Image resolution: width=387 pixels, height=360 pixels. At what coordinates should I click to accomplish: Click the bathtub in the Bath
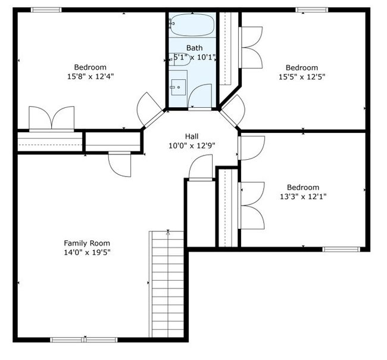click(192, 24)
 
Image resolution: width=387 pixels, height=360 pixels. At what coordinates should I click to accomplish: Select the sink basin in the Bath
click(179, 87)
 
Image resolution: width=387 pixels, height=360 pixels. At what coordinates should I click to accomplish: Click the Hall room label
click(192, 136)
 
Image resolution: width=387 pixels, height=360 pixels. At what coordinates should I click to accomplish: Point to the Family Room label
click(87, 243)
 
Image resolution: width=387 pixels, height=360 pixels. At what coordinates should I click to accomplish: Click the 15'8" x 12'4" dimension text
click(90, 76)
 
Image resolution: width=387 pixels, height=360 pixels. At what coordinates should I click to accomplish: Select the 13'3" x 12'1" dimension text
click(303, 197)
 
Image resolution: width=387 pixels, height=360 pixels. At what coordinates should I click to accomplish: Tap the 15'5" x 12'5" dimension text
click(302, 77)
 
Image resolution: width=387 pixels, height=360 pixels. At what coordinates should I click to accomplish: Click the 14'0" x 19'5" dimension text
click(87, 253)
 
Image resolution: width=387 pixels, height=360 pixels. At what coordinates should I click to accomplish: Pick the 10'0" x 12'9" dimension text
click(192, 146)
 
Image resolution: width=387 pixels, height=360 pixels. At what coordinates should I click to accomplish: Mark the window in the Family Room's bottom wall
click(84, 340)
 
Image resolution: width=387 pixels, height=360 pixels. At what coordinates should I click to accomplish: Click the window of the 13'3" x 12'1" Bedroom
click(341, 249)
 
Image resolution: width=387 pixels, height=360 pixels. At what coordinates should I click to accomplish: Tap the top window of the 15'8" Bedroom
click(46, 10)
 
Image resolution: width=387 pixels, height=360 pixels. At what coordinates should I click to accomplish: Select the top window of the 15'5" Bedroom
click(312, 10)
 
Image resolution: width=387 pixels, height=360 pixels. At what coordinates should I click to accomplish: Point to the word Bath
click(195, 48)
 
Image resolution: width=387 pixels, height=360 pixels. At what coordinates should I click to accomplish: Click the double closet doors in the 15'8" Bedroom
click(52, 119)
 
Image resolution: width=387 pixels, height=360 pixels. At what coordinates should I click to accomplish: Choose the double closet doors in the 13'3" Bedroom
click(252, 206)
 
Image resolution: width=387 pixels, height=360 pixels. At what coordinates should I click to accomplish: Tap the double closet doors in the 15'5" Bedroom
click(251, 47)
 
